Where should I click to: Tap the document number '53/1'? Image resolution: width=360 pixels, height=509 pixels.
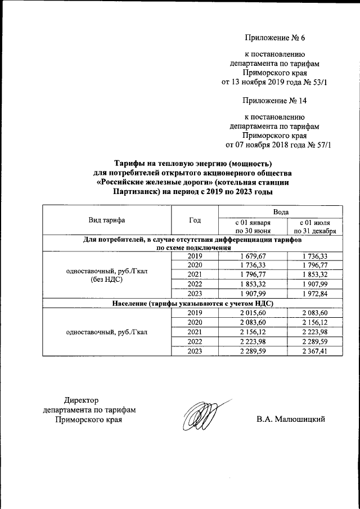click(x=318, y=83)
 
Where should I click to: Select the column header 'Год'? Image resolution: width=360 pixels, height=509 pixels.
click(x=195, y=220)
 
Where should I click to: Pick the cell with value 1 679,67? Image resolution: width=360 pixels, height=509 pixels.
click(x=253, y=256)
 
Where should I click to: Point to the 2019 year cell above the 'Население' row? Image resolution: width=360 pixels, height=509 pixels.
click(x=195, y=256)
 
